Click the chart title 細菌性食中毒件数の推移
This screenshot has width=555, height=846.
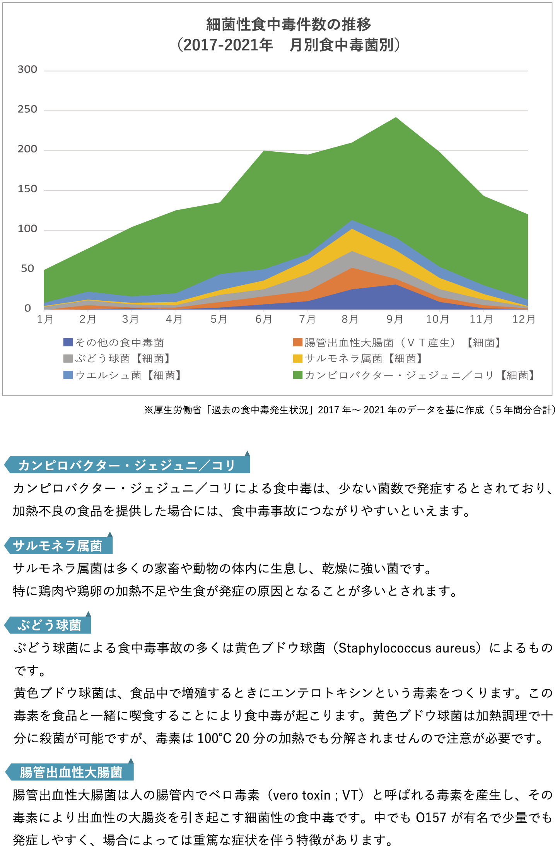tap(288, 25)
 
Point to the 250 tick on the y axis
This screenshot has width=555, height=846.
tap(27, 110)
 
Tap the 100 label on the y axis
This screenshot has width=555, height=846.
tap(27, 229)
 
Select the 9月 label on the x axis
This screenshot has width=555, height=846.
tap(395, 319)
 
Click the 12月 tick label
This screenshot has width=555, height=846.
tap(524, 319)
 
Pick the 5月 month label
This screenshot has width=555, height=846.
tap(219, 319)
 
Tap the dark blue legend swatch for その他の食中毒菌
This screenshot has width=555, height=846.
tap(68, 343)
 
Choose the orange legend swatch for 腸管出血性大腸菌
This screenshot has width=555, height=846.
tap(297, 343)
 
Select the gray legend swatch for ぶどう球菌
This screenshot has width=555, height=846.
tap(68, 359)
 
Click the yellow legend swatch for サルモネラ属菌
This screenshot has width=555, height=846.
tap(297, 359)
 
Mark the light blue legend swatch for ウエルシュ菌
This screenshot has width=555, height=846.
tap(68, 375)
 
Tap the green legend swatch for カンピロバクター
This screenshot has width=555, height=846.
tap(297, 375)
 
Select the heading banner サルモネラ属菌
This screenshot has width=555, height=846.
tap(58, 546)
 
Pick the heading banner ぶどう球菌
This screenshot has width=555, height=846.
tap(48, 625)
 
